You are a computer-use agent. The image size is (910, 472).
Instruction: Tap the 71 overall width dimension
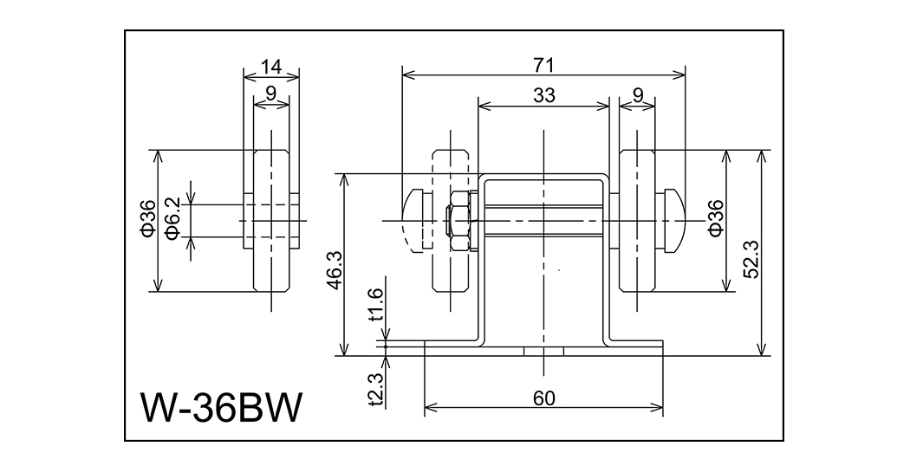point(543,64)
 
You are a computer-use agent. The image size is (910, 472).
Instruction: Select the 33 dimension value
point(543,96)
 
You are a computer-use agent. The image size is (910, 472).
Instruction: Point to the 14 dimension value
point(271,64)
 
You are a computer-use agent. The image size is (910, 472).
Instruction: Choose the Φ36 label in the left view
point(147,219)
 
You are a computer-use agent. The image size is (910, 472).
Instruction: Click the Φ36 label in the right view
point(715,218)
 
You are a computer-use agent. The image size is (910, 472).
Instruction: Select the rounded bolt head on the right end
point(674,220)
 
